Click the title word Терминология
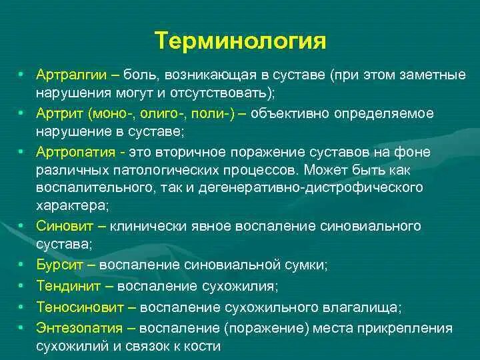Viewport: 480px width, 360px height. pyautogui.click(x=241, y=41)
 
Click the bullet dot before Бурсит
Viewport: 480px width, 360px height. pyautogui.click(x=22, y=265)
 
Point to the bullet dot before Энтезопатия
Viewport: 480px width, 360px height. pyautogui.click(x=22, y=328)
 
